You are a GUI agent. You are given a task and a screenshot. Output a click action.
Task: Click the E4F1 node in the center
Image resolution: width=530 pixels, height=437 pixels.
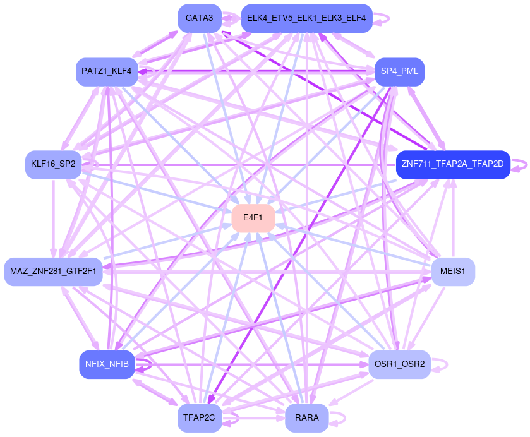(253, 218)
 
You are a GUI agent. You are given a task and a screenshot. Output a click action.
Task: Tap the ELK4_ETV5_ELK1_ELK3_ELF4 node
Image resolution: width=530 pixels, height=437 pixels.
(306, 18)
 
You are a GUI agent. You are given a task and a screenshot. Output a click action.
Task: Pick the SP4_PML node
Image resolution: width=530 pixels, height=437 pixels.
(399, 71)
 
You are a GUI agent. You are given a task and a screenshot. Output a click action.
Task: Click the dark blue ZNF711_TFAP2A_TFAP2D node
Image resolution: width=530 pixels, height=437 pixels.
(452, 164)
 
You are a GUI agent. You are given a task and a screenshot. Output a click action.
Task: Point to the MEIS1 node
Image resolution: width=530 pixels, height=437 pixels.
(452, 272)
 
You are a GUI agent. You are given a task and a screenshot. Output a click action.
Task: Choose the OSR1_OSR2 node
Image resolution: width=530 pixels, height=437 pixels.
(399, 364)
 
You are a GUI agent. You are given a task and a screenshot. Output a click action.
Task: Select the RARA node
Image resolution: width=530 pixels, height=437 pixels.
(306, 418)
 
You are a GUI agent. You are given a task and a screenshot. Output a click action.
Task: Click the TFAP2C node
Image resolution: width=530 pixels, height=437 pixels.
(199, 418)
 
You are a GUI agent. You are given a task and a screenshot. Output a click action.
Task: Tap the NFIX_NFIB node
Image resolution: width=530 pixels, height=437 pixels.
(107, 364)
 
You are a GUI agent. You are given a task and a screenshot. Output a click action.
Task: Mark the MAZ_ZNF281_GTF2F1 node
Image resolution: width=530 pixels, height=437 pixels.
(53, 272)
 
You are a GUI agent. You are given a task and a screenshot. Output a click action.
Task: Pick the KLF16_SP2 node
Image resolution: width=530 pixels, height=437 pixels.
(53, 164)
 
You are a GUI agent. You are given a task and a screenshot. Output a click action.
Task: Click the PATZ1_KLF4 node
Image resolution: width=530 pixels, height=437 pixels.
(107, 71)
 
